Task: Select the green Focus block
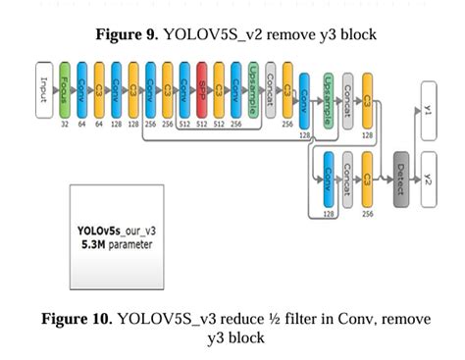(x=65, y=89)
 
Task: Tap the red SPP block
(x=202, y=89)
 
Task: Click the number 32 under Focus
(x=65, y=126)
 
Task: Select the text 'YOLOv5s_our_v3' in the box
(x=115, y=231)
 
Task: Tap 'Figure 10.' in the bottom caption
(x=77, y=320)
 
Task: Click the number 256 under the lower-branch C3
(x=367, y=213)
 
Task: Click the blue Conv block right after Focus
(x=81, y=89)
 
